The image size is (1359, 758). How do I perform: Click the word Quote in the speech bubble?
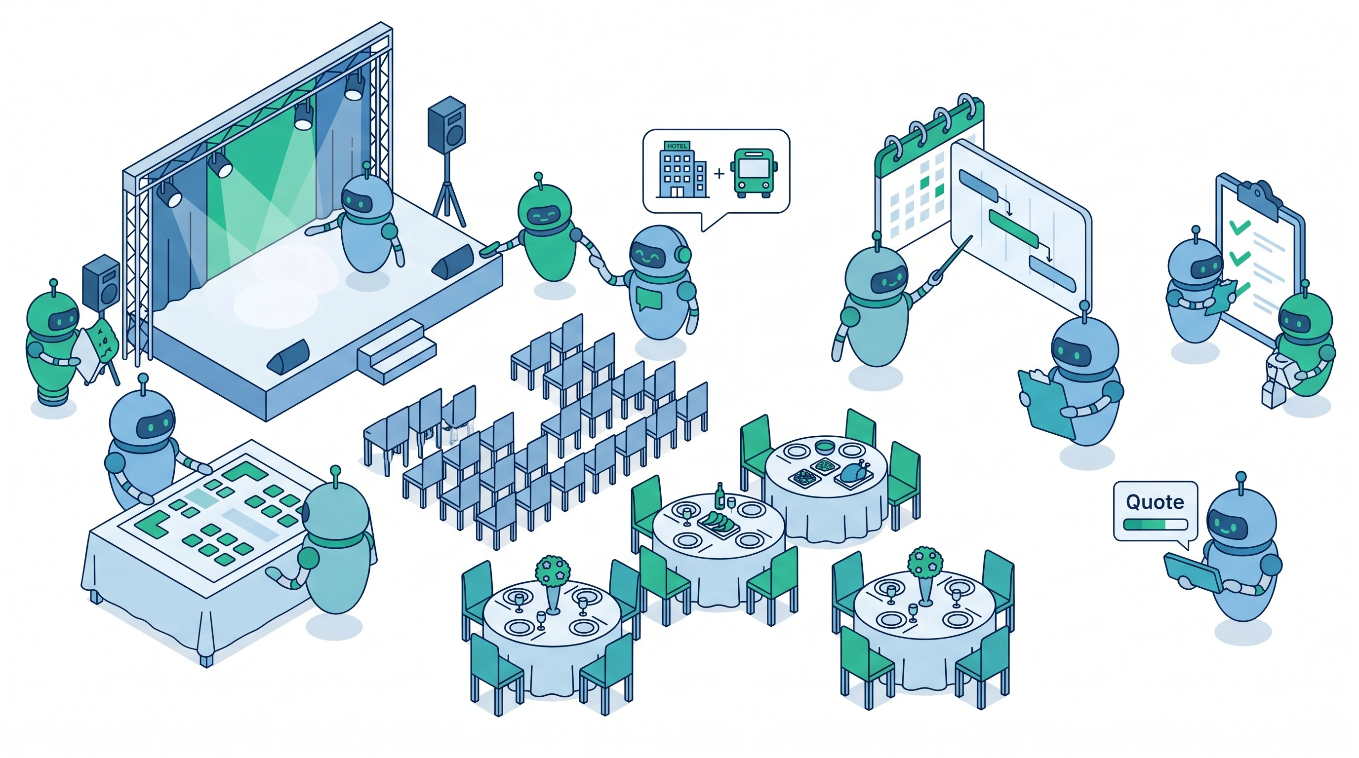pyautogui.click(x=1155, y=502)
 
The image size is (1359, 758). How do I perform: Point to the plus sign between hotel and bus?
pyautogui.click(x=719, y=172)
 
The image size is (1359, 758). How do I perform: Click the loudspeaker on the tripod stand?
pyautogui.click(x=447, y=124)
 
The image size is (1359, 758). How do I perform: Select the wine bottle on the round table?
pyautogui.click(x=719, y=496)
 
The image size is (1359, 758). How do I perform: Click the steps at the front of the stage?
pyautogui.click(x=397, y=350)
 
